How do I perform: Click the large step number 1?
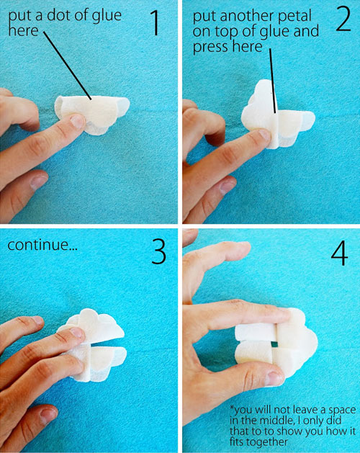[155, 23]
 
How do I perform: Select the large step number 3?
[158, 251]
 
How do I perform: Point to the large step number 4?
[340, 252]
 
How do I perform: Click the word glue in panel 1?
[107, 16]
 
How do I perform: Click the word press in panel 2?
[211, 47]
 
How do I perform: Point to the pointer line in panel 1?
[68, 66]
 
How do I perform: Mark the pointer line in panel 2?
[273, 81]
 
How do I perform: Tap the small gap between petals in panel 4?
[274, 344]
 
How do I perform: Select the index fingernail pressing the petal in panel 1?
[77, 121]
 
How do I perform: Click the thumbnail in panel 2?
[228, 186]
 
